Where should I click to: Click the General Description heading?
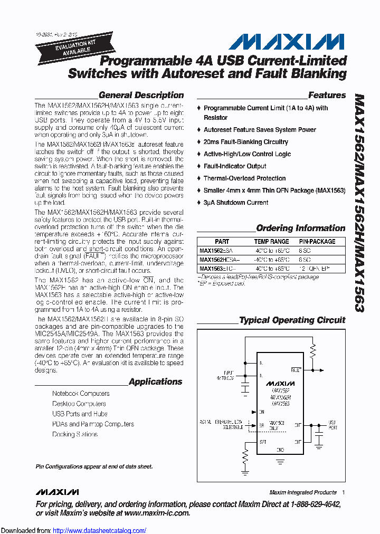coord(141,96)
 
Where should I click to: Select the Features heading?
coord(327,96)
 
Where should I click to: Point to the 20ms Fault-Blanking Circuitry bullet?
coord(245,142)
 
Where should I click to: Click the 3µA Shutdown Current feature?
coord(235,203)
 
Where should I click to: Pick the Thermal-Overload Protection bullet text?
coord(244,178)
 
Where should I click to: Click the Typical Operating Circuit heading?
coord(292,320)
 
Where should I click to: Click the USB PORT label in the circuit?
coord(332,424)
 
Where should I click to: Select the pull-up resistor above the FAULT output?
coord(313,349)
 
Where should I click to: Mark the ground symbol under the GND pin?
coord(280,460)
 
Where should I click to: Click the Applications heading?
coord(155,382)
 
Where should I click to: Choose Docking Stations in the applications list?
coord(75,434)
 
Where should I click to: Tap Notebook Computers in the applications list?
coord(81,394)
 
